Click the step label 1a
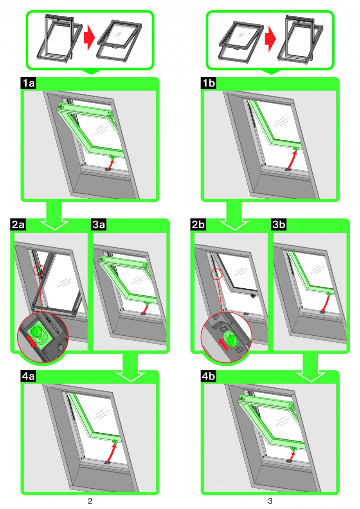click(x=29, y=83)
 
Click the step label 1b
click(x=209, y=83)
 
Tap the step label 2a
click(x=18, y=225)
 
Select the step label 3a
click(x=99, y=225)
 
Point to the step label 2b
click(x=198, y=225)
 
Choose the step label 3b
click(x=279, y=225)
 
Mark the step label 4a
click(x=29, y=376)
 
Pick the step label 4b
click(x=209, y=376)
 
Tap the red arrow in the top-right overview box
click(x=270, y=39)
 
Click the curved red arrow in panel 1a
click(x=111, y=164)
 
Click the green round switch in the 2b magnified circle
click(x=231, y=340)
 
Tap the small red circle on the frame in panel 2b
click(x=216, y=274)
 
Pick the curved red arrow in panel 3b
click(x=326, y=304)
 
